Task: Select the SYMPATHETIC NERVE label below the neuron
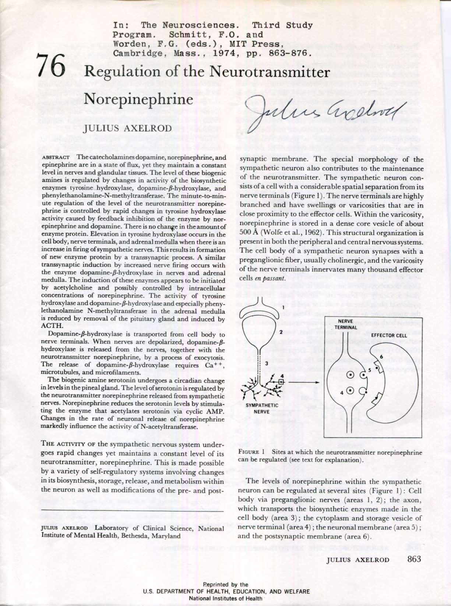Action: point(262,408)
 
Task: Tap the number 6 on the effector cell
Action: point(381,357)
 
